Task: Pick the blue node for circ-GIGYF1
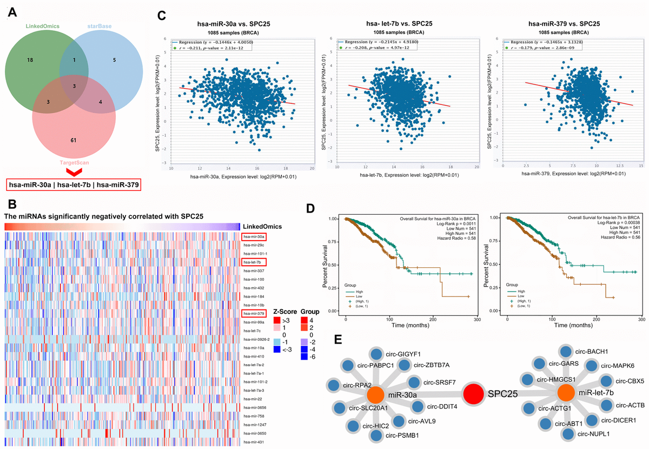(378, 355)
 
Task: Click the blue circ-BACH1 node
(566, 352)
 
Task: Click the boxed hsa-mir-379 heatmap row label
(254, 313)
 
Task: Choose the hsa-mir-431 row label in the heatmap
(254, 443)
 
